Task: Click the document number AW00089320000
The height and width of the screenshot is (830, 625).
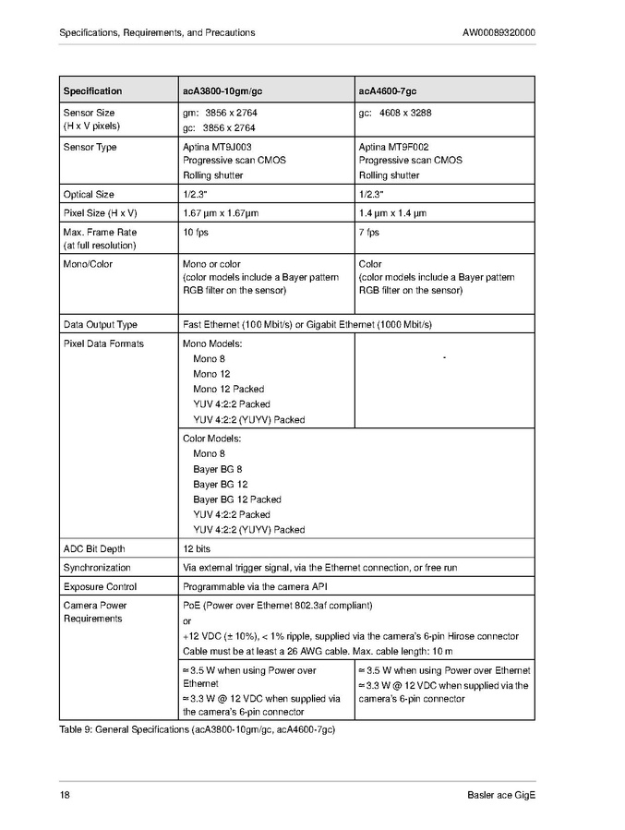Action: click(x=499, y=32)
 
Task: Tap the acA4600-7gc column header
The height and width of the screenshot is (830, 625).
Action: click(x=388, y=91)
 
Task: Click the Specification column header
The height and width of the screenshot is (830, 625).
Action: click(x=92, y=91)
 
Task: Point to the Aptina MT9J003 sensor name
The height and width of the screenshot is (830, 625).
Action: click(x=218, y=147)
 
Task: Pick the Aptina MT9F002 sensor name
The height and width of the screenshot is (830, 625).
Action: click(x=393, y=147)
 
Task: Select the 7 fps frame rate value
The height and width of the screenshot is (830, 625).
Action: click(x=369, y=233)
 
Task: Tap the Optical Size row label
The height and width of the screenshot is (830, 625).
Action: click(x=89, y=195)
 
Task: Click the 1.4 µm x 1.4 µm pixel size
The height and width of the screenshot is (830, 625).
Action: click(x=392, y=213)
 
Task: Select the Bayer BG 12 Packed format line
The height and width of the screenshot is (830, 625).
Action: click(x=237, y=499)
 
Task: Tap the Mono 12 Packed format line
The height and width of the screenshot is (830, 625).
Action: click(x=228, y=390)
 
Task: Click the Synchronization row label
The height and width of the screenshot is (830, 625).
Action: click(x=97, y=568)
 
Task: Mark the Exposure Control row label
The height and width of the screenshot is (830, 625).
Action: click(x=100, y=586)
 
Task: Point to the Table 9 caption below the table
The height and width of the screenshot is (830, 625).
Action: click(x=197, y=730)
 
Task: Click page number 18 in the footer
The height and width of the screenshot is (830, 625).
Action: click(x=65, y=796)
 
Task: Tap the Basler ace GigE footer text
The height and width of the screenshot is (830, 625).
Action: click(x=501, y=796)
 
